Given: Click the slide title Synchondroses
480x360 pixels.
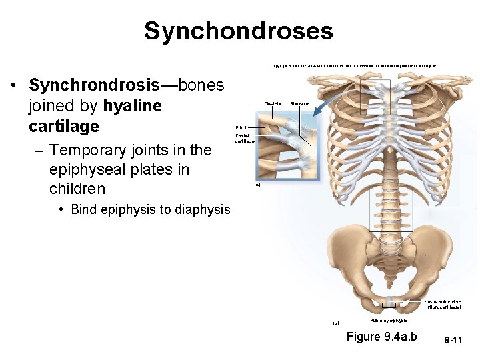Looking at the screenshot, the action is [x=239, y=31].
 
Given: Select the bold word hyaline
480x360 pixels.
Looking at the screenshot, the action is [x=133, y=106].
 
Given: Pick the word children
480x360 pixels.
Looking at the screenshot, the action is [x=77, y=189].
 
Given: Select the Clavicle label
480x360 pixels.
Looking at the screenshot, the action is [x=273, y=104].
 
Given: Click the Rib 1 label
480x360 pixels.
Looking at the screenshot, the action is [x=241, y=127].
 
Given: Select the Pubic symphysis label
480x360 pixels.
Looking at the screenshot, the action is [x=389, y=321].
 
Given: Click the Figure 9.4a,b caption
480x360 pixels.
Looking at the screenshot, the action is [x=381, y=337].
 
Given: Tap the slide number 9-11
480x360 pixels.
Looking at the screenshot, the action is [x=453, y=340].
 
